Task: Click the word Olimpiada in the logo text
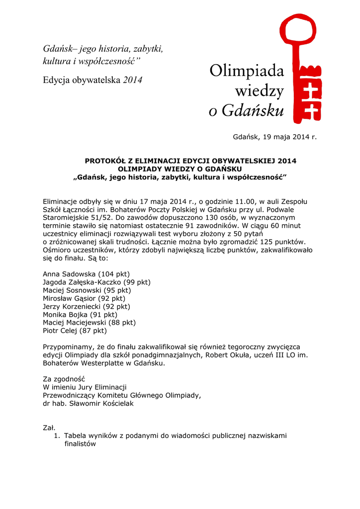pyautogui.click(x=247, y=72)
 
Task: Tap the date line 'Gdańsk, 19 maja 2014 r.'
pyautogui.click(x=275, y=137)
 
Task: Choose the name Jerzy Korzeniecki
pyautogui.click(x=73, y=306)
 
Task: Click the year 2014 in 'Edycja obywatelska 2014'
pyautogui.click(x=133, y=80)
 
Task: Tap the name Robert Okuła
pyautogui.click(x=221, y=355)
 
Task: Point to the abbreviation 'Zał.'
pyautogui.click(x=49, y=427)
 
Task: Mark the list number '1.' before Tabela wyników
pyautogui.click(x=57, y=435)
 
